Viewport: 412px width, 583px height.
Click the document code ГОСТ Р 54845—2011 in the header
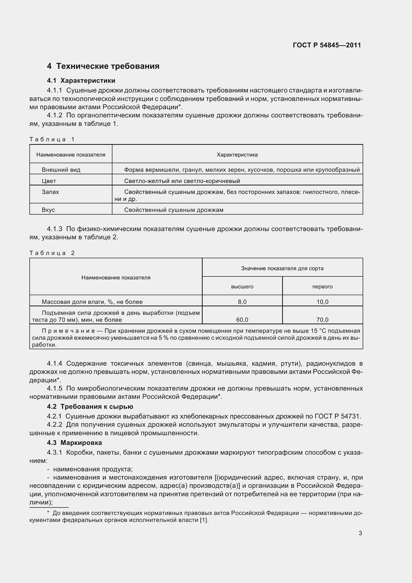coord(327,45)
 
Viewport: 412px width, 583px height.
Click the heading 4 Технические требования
coord(103,66)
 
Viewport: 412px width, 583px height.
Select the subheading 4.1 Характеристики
coord(81,81)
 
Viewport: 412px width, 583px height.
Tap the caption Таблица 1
coord(52,139)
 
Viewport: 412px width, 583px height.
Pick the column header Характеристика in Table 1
coord(237,155)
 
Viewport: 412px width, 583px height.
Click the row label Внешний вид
coord(61,170)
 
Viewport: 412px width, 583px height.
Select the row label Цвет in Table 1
coord(49,181)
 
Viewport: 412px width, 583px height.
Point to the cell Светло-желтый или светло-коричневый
coord(182,181)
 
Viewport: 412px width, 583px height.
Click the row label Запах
coord(50,192)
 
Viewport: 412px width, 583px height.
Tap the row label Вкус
coord(48,210)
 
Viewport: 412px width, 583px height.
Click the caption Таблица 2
coord(52,253)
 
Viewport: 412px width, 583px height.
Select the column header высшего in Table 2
coord(242,287)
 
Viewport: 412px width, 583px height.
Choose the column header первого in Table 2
coord(322,287)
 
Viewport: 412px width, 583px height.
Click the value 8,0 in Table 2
coord(242,302)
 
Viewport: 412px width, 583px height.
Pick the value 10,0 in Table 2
coord(322,302)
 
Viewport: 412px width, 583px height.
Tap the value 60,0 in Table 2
coord(242,320)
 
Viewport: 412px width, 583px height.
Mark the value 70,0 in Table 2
coord(322,320)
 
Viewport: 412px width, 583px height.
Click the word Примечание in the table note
coord(68,331)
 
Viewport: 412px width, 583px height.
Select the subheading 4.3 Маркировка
coord(74,443)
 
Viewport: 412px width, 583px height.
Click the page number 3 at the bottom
coord(360,533)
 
